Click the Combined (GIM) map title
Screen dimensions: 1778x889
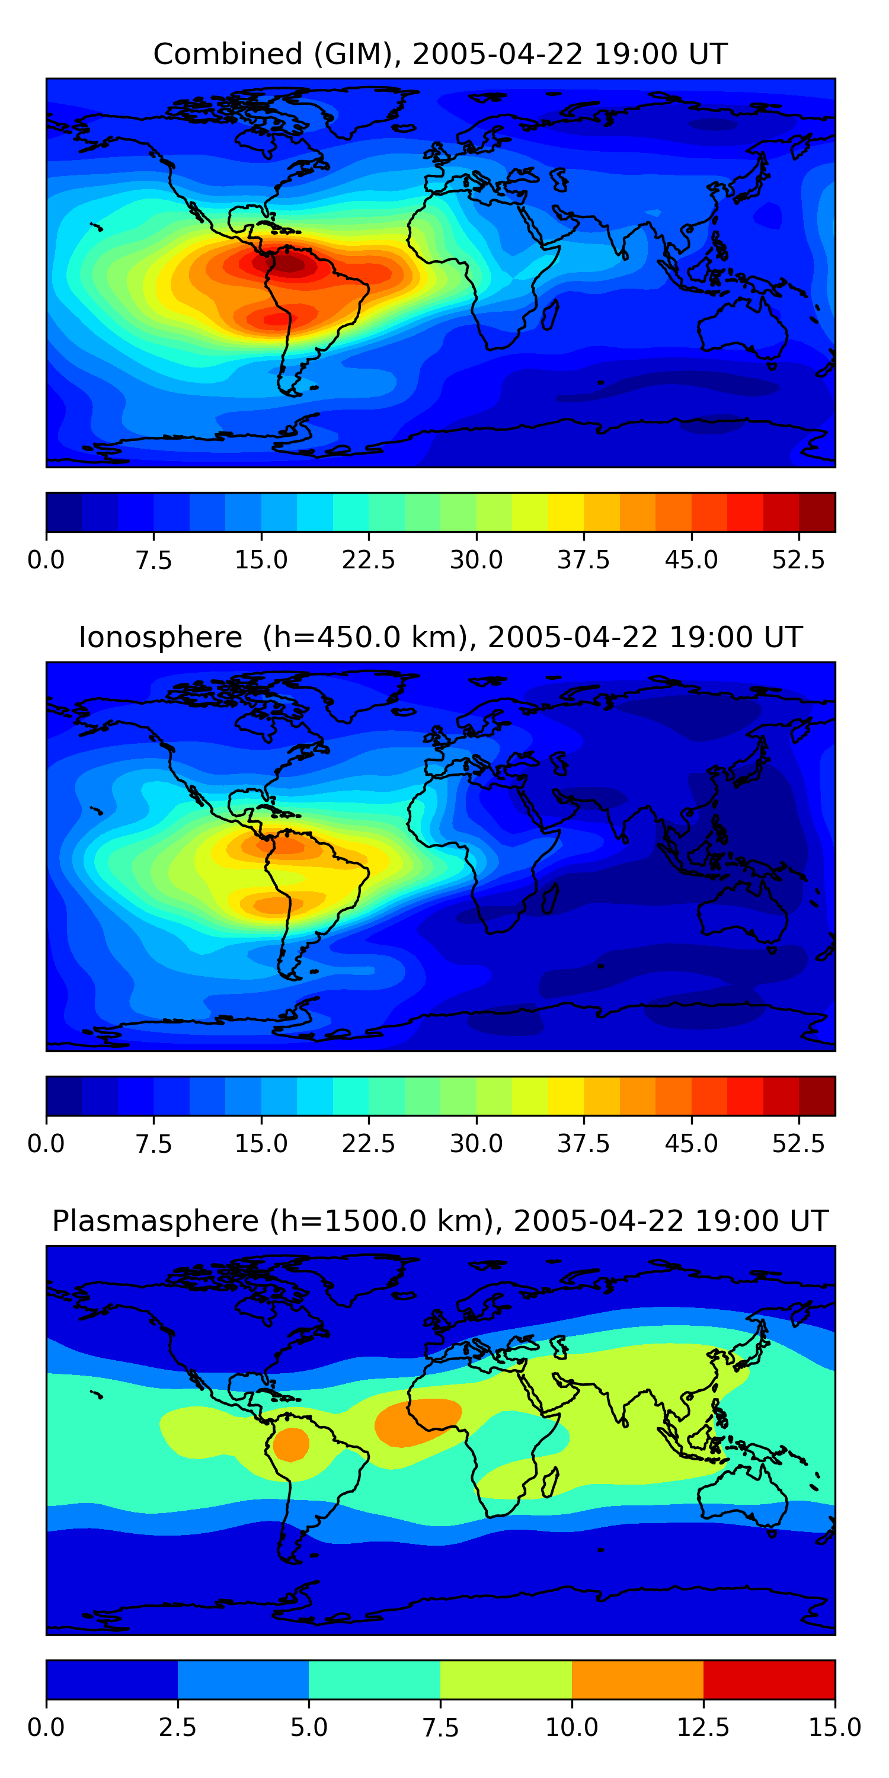440,54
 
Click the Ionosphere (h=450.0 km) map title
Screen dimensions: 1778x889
440,637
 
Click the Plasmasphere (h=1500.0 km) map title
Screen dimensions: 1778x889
440,1221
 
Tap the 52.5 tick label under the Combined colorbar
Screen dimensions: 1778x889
798,559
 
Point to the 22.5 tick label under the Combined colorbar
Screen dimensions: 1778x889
369,559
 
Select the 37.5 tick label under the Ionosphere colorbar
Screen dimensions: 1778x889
584,1144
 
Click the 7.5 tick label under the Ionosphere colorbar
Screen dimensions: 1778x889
154,1144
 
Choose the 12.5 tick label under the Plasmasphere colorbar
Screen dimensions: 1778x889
703,1727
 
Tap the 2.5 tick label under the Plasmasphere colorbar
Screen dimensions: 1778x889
177,1727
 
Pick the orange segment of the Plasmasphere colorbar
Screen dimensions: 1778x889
637,1679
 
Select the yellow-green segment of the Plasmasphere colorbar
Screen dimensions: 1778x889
506,1679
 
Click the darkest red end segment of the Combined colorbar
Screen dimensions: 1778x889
817,512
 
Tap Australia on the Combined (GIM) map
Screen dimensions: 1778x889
742,328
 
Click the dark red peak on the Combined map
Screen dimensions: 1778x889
289,264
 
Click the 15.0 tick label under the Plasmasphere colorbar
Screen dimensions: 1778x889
834,1727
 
